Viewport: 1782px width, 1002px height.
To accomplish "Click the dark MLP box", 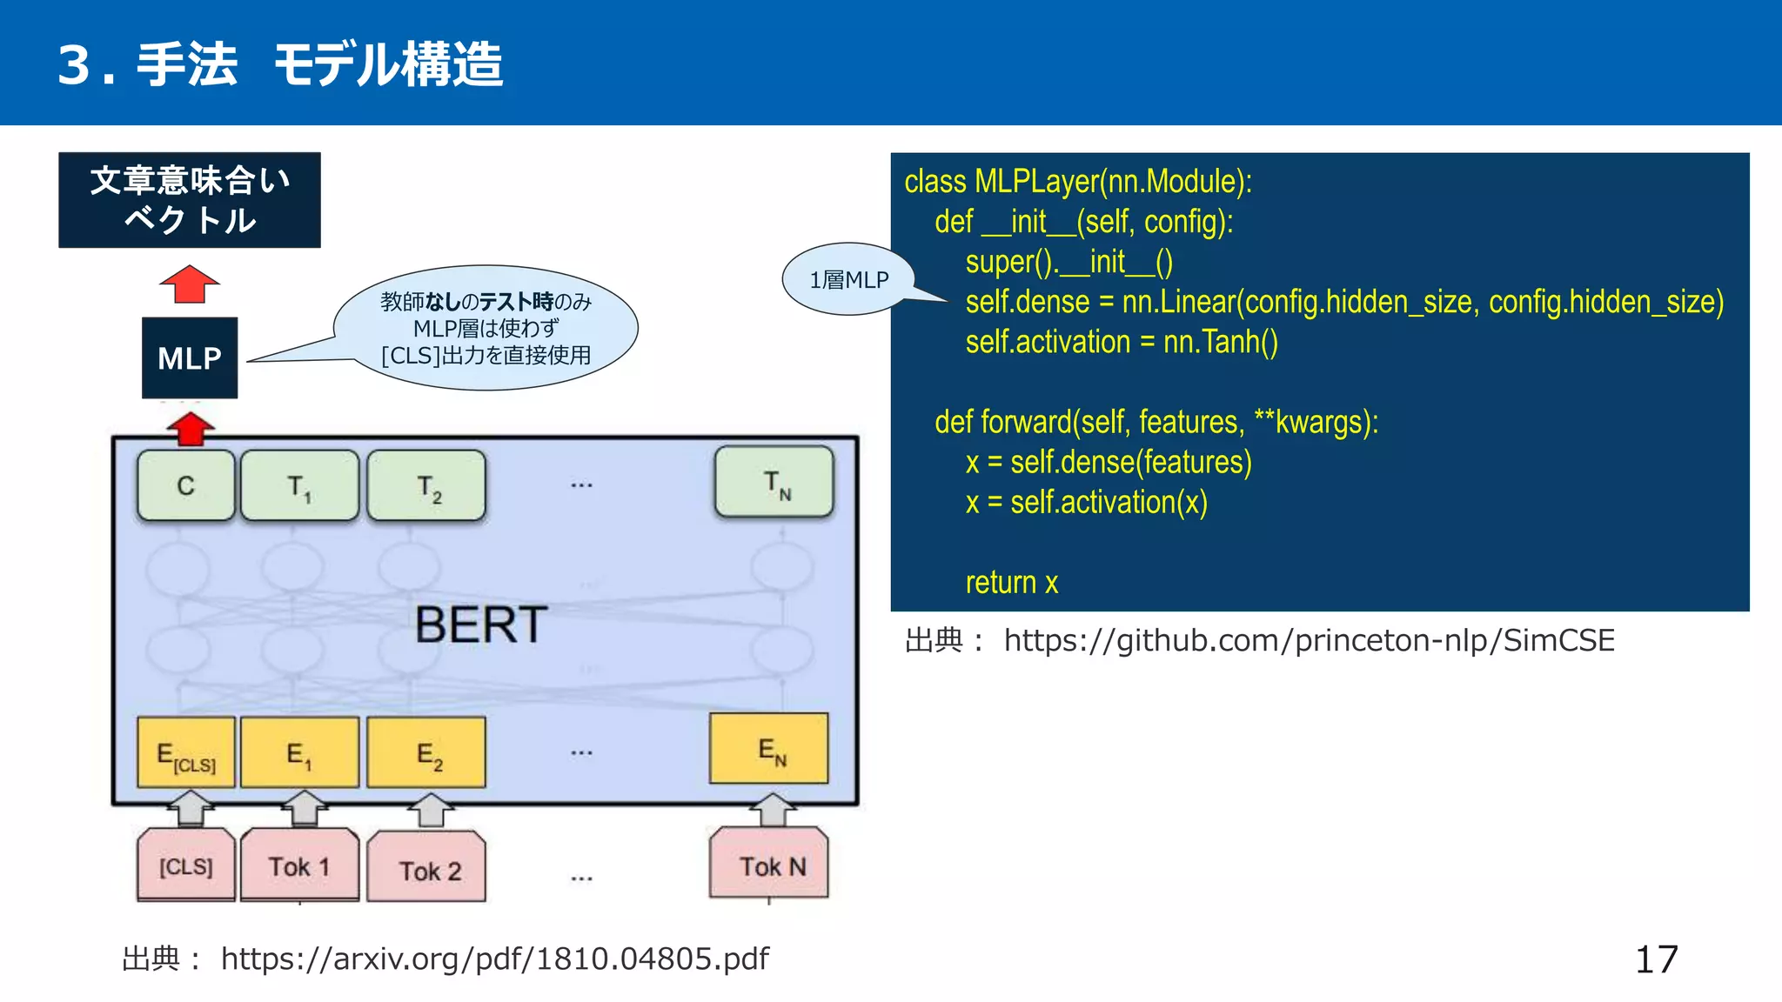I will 190,357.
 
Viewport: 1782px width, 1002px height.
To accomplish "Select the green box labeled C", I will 186,485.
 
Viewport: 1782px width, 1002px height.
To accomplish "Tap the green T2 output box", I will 426,486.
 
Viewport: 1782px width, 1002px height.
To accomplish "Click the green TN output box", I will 774,482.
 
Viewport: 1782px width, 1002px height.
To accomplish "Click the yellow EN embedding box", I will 769,749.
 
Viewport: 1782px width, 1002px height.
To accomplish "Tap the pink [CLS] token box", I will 186,865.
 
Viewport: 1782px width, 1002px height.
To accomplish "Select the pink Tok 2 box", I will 426,868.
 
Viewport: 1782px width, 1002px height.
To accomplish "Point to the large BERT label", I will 480,625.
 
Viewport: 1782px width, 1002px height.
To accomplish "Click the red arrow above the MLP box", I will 190,284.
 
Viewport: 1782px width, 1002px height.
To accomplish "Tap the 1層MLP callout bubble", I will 848,279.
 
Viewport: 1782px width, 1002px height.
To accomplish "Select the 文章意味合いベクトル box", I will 190,200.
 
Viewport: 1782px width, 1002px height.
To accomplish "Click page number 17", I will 1656,959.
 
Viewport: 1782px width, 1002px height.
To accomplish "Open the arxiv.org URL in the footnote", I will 494,959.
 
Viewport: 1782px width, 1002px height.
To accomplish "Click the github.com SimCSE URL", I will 1309,640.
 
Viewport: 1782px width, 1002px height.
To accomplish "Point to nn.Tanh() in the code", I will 1220,342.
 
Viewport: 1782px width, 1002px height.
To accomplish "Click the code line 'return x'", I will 1011,582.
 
